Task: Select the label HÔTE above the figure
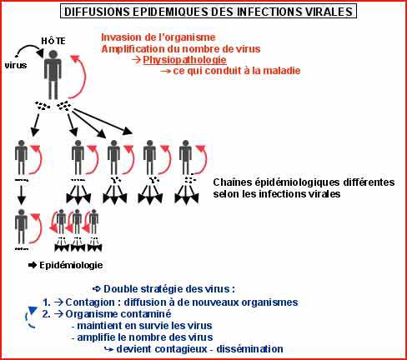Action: click(53, 41)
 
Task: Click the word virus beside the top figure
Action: click(16, 65)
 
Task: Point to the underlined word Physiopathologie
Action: click(184, 60)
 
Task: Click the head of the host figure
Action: click(53, 54)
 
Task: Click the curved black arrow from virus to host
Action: click(28, 47)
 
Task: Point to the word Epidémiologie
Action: click(71, 265)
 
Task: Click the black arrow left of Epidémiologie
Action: click(33, 265)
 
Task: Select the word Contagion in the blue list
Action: click(90, 302)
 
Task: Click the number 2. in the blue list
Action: click(47, 314)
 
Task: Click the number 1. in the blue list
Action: click(47, 302)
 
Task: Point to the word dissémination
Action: click(249, 349)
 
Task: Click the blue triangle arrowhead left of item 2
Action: click(33, 310)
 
